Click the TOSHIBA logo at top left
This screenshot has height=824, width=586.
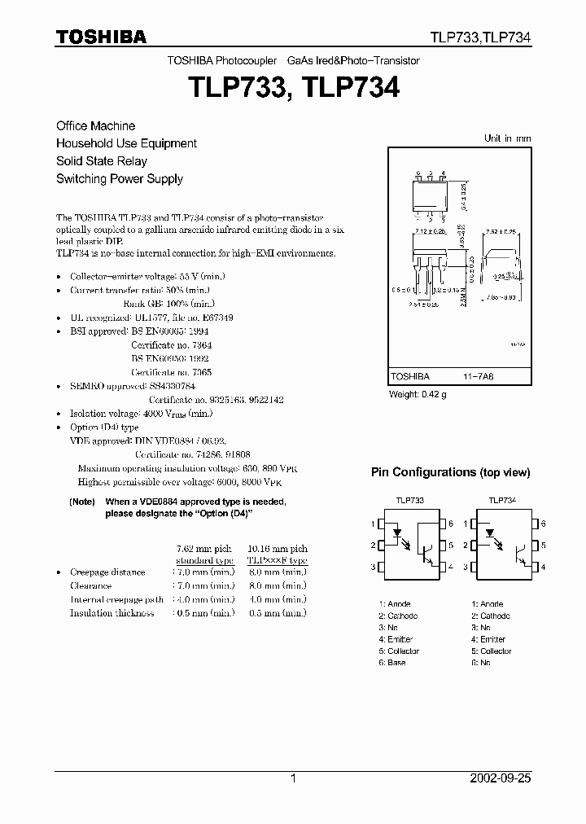pyautogui.click(x=101, y=37)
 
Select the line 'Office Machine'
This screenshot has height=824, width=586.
pyautogui.click(x=95, y=126)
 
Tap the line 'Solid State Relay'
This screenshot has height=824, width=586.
pyautogui.click(x=101, y=161)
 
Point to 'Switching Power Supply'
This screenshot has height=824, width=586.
pyautogui.click(x=119, y=179)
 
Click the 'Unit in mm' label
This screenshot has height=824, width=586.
pyautogui.click(x=507, y=138)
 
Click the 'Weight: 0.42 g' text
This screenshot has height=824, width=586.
pyautogui.click(x=418, y=395)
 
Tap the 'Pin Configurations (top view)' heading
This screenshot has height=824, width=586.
pyautogui.click(x=450, y=472)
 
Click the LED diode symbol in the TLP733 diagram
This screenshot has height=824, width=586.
pyautogui.click(x=397, y=535)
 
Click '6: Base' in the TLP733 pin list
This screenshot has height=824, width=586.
pyautogui.click(x=392, y=663)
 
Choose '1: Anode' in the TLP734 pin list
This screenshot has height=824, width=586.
pyautogui.click(x=487, y=604)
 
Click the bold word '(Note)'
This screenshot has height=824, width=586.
pyautogui.click(x=82, y=502)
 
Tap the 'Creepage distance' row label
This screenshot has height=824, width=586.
pyautogui.click(x=107, y=572)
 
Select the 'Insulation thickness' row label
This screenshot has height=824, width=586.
pyautogui.click(x=112, y=613)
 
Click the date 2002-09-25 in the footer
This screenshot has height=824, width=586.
pyautogui.click(x=501, y=778)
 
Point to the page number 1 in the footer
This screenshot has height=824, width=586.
pyautogui.click(x=292, y=778)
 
